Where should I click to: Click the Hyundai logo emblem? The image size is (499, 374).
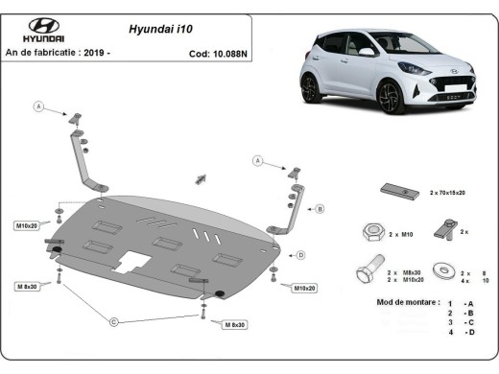(43, 26)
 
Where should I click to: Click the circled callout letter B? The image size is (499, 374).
(320, 207)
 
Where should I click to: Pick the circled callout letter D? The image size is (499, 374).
(300, 254)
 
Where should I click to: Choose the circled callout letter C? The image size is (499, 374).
(114, 320)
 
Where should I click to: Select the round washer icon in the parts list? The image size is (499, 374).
(444, 271)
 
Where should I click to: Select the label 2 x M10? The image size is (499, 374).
(401, 233)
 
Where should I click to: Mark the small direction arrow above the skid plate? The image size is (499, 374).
(202, 177)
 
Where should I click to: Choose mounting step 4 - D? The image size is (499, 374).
(460, 332)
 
